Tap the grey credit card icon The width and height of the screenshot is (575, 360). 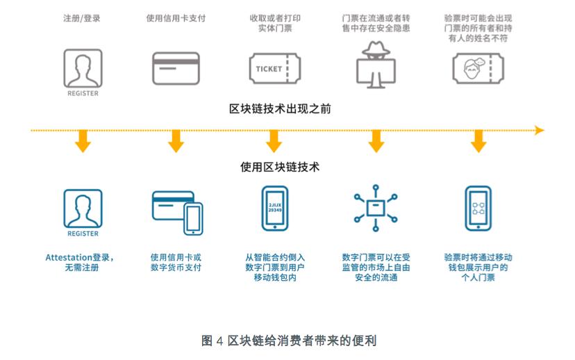click(x=176, y=69)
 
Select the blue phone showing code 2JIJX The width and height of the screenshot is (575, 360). click(x=274, y=208)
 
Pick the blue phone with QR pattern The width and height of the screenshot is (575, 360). click(x=478, y=208)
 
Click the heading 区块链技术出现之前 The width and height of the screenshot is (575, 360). click(x=273, y=108)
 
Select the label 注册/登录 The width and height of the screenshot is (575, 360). click(x=82, y=18)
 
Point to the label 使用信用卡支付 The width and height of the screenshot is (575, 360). click(x=176, y=18)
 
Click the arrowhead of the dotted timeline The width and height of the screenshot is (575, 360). click(x=539, y=130)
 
